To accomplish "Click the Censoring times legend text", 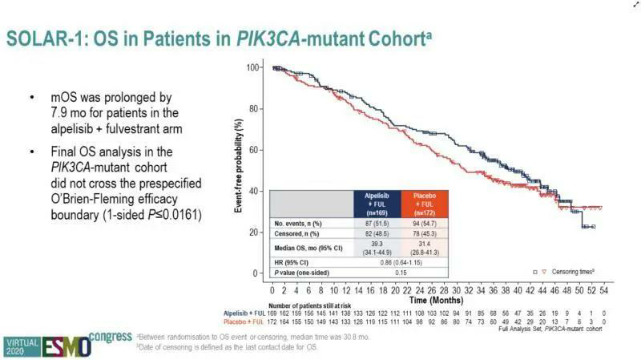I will coord(575,273).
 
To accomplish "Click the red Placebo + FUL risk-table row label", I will coord(244,322).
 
